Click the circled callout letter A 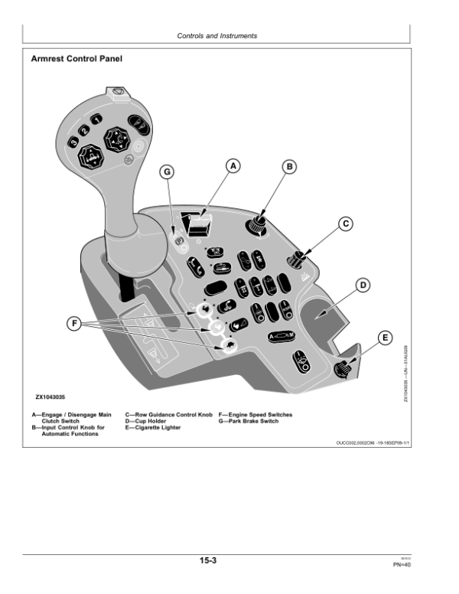tap(234, 165)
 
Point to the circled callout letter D tap(363, 285)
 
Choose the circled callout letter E tap(385, 337)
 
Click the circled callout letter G tap(168, 171)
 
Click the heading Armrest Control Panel tap(76, 58)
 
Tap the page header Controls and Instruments tap(217, 35)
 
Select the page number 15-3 tap(208, 561)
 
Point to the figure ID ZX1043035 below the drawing tap(50, 397)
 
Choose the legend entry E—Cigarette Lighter tap(153, 427)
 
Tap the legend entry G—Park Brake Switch tap(249, 421)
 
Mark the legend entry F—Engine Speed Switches tap(256, 415)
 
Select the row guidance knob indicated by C tap(295, 261)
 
